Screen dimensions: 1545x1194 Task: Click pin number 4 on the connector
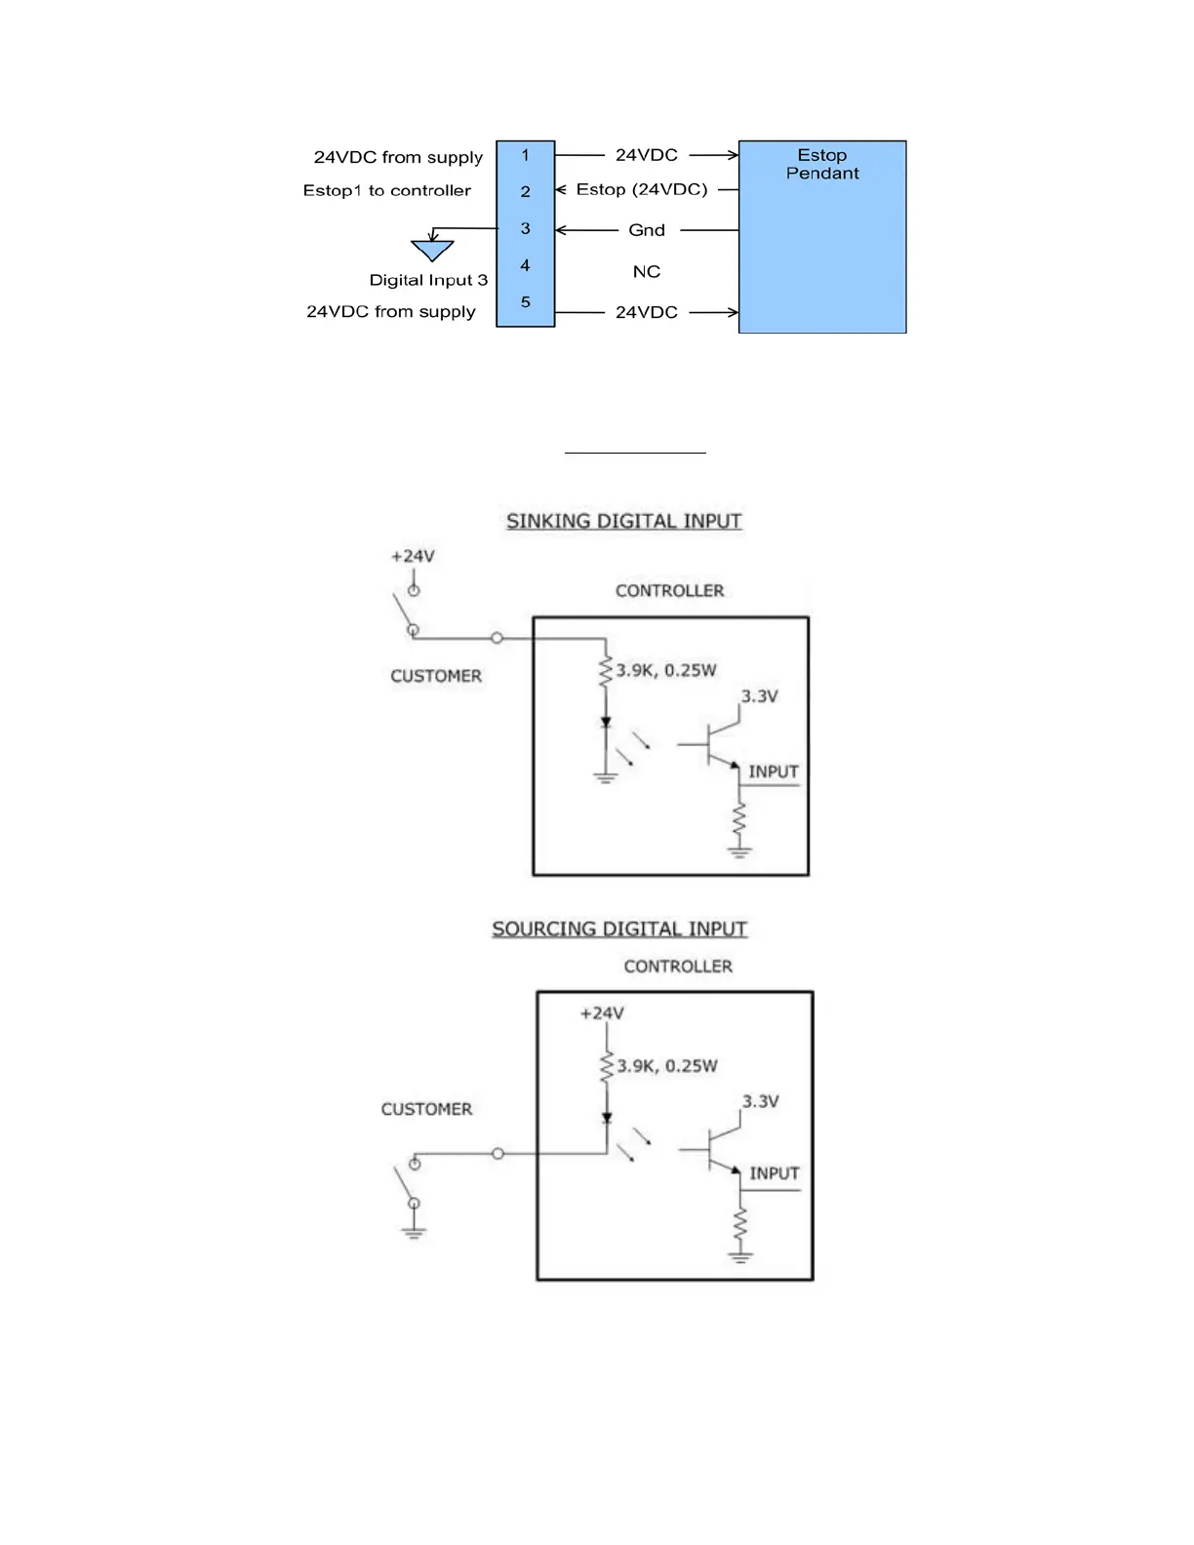(525, 265)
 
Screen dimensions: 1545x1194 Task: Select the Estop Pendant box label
(822, 164)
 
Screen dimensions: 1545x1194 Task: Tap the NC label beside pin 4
(646, 271)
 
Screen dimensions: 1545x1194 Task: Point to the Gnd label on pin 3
(646, 230)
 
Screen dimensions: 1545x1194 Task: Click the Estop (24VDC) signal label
(641, 189)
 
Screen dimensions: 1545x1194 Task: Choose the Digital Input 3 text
(428, 280)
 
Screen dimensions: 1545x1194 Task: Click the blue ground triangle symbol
(432, 251)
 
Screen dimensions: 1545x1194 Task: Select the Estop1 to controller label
(386, 190)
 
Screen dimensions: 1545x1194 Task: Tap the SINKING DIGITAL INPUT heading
(623, 521)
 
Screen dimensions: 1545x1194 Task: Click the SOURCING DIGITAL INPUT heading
(619, 929)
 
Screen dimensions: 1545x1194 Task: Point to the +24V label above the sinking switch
(413, 556)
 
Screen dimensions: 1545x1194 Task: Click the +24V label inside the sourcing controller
(602, 1013)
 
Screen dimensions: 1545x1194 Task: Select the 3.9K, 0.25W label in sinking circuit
(666, 670)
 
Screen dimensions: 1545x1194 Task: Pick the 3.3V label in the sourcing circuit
(760, 1101)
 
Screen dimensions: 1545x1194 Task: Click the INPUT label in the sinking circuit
(774, 772)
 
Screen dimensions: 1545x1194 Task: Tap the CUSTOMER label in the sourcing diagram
(426, 1109)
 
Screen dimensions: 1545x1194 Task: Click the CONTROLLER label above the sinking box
(669, 591)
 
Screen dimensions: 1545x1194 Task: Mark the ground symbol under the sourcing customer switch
(414, 1233)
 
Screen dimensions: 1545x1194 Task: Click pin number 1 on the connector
(525, 155)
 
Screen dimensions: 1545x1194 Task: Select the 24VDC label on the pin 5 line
(646, 312)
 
